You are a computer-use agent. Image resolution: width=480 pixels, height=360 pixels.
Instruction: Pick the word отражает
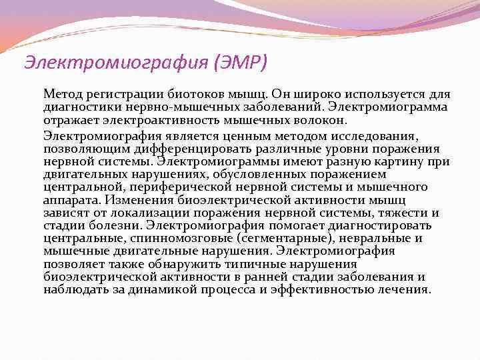click(69, 120)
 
